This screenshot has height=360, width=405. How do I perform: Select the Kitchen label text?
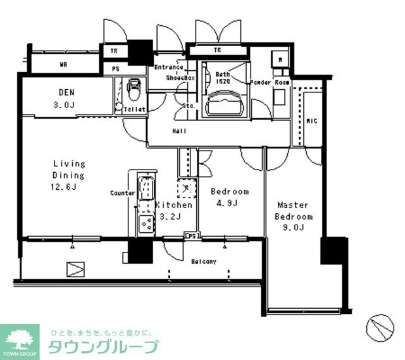click(173, 206)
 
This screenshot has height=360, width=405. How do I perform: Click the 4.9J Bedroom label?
click(229, 197)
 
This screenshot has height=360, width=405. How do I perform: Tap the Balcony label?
click(204, 261)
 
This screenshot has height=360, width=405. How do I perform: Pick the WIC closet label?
click(311, 120)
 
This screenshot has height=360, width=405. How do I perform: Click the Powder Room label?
click(270, 82)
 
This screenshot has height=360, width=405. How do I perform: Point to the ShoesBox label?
click(181, 78)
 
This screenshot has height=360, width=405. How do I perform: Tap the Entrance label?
click(168, 67)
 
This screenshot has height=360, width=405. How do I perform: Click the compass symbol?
click(380, 327)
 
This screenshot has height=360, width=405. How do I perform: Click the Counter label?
click(123, 192)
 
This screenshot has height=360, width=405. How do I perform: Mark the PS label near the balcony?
click(192, 237)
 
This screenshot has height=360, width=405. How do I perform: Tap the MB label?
click(64, 65)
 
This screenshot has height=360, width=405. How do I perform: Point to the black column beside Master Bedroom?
click(334, 250)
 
